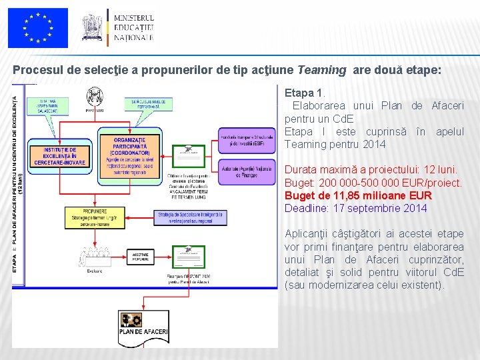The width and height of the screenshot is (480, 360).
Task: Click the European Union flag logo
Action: [39, 28]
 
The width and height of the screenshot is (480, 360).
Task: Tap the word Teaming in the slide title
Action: [322, 69]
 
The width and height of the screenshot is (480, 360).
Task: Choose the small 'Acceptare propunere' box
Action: [141, 257]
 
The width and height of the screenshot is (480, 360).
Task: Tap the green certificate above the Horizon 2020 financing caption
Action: [189, 257]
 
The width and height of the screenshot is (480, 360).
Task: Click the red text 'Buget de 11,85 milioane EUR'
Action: [358, 195]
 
